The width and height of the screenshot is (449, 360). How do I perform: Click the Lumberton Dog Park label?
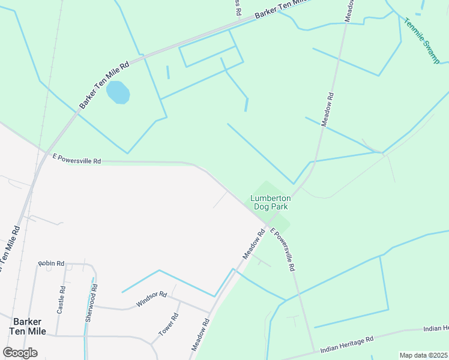pos(271,202)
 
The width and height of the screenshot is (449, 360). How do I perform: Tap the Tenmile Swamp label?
pos(421,41)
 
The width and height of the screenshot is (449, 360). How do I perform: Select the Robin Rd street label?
pos(51,263)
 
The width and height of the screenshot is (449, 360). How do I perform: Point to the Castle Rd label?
pos(61,299)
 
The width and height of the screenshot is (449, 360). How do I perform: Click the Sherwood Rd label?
pos(92,307)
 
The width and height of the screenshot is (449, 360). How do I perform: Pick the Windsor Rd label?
pos(151,298)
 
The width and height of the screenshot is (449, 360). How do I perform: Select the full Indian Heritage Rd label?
pos(347,344)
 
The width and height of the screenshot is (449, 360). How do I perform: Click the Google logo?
pos(20,352)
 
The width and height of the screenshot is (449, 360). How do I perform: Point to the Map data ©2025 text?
pos(424,355)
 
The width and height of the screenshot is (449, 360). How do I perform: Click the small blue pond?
pos(118,92)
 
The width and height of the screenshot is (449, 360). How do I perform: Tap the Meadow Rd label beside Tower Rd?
pos(200,335)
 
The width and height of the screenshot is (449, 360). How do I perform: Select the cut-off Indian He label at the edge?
pos(436,328)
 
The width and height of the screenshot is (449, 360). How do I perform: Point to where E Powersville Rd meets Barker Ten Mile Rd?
pos(46,155)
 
